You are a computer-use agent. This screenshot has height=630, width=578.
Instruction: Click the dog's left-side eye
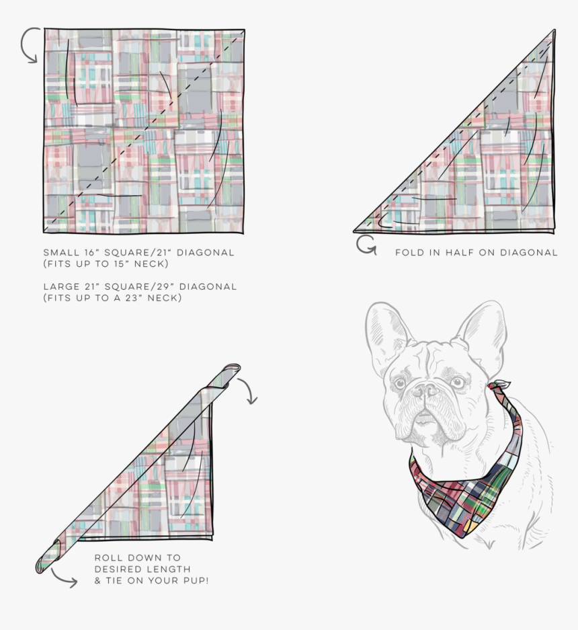click(400, 384)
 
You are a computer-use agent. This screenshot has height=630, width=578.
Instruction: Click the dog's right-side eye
click(458, 381)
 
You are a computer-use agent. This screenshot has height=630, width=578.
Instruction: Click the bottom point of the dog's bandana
click(462, 536)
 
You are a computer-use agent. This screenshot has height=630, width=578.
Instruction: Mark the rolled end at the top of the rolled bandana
click(232, 368)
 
